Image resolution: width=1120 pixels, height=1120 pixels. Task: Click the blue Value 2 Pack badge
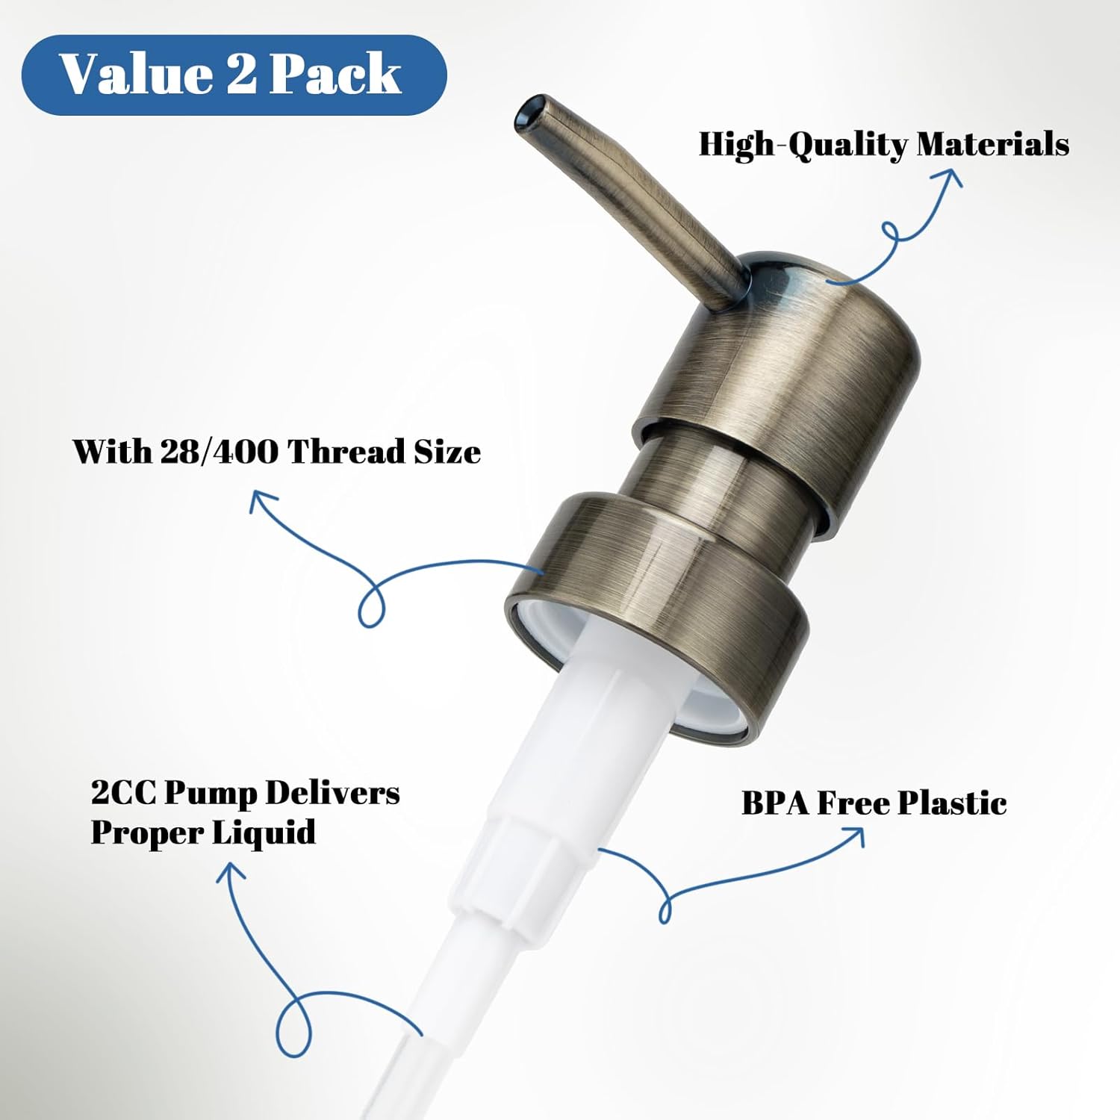[233, 75]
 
